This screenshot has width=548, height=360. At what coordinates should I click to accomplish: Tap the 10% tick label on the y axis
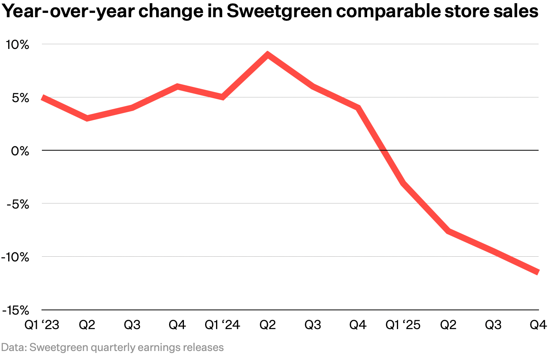(17, 45)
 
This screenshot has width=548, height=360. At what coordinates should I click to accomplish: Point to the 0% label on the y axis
(20, 151)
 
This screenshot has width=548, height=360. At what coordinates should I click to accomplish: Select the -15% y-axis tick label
(16, 310)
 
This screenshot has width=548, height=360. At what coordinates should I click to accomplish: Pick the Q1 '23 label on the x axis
(41, 325)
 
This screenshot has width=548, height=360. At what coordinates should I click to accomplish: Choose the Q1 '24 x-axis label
(222, 325)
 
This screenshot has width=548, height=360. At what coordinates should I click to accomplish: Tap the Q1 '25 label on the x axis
(403, 325)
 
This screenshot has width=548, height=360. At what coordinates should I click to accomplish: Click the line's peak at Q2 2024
(267, 54)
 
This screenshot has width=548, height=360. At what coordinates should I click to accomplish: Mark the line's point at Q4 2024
(358, 108)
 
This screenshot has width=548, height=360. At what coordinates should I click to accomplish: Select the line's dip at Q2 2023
(87, 118)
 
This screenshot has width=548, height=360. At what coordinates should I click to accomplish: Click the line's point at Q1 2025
(403, 183)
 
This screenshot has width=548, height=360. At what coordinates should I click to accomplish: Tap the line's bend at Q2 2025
(448, 231)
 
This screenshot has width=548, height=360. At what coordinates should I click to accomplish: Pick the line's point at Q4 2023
(177, 86)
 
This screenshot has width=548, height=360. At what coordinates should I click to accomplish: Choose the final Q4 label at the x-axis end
(538, 325)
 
